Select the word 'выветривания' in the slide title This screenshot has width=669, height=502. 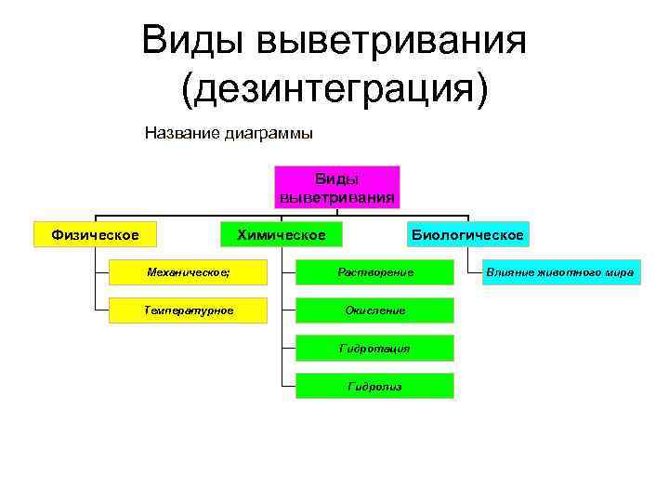(392, 41)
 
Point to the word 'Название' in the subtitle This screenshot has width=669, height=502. (182, 133)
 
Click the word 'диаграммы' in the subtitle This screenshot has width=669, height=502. (269, 133)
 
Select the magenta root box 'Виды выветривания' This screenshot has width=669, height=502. (336, 187)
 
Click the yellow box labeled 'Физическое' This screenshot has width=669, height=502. (95, 235)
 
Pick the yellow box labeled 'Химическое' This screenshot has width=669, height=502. (281, 235)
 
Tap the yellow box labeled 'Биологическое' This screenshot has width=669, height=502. (467, 235)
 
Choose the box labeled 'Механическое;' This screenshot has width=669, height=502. (189, 271)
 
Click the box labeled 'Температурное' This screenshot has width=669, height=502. (189, 310)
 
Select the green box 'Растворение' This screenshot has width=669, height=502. (374, 271)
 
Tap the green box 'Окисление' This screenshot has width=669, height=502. (374, 310)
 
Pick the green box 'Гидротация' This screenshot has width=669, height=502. (374, 348)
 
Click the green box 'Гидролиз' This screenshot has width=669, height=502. (374, 386)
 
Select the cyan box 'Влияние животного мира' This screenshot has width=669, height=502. (561, 271)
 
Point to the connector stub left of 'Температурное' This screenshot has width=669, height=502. (101, 310)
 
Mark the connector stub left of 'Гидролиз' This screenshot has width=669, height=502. (288, 386)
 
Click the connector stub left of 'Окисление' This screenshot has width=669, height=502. (288, 310)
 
